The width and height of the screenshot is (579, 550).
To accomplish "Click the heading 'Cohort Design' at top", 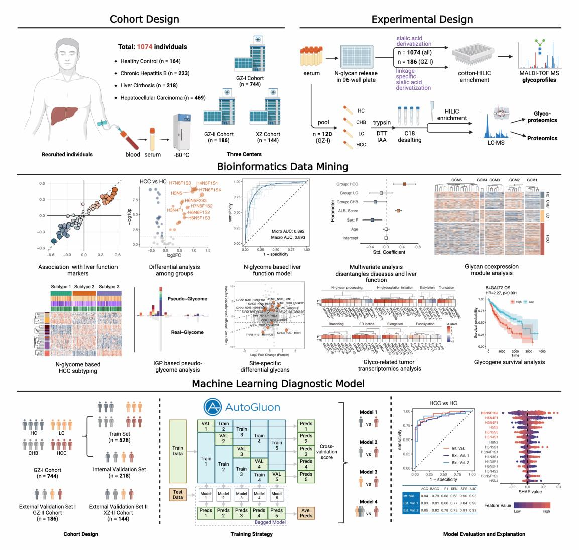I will (x=145, y=20).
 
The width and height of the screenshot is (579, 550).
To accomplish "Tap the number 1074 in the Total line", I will (x=142, y=47).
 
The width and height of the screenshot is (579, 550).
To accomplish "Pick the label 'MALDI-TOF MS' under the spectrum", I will (x=537, y=74).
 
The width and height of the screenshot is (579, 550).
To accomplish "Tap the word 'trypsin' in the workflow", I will (x=382, y=122).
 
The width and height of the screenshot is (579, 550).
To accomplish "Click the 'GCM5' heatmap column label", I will (x=456, y=180).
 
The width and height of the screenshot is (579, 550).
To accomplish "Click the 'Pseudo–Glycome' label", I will (x=187, y=299).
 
